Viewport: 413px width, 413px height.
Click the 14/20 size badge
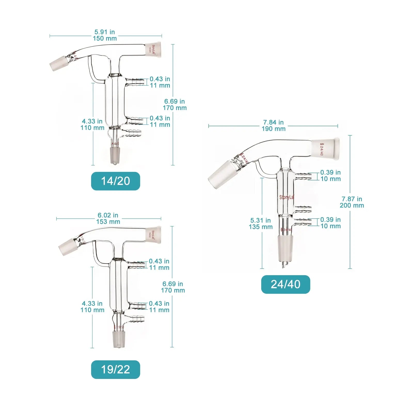click(115, 181)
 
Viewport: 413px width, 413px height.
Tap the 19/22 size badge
click(115, 370)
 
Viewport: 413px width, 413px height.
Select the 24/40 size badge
click(285, 284)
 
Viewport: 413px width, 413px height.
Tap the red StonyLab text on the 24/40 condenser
click(286, 197)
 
